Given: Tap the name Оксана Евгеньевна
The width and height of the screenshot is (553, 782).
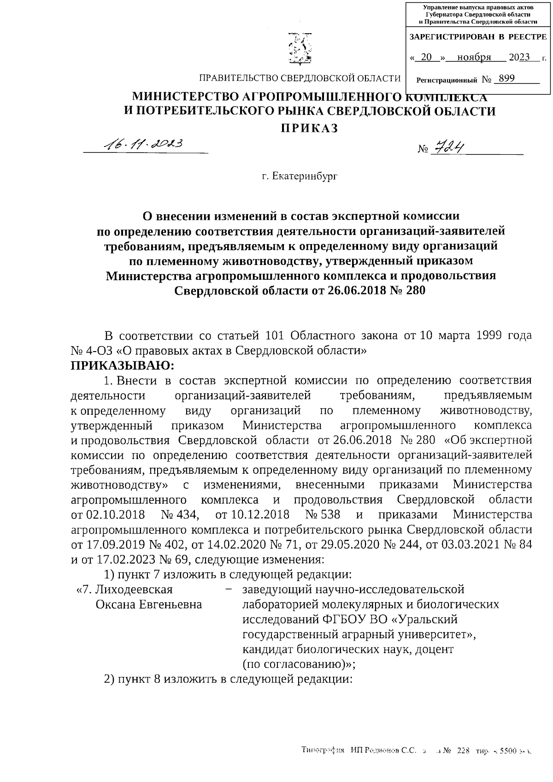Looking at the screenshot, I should point(148,604).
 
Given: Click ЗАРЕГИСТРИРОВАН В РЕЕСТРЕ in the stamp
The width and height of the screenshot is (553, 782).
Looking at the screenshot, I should point(478,36).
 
